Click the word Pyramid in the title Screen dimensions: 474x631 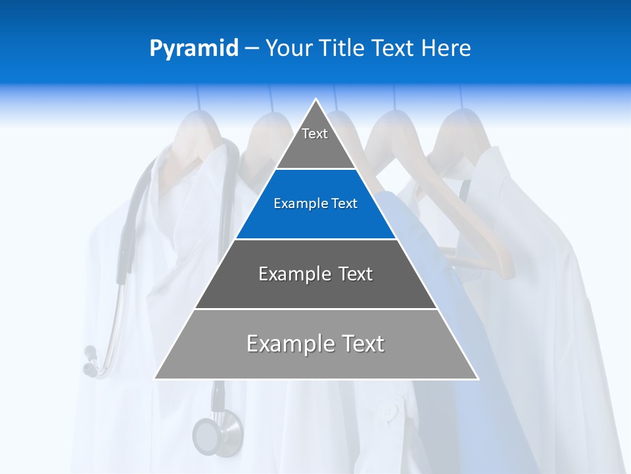coord(194,49)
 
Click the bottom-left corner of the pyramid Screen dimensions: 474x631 coord(155,379)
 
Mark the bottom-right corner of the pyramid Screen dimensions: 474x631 coord(477,379)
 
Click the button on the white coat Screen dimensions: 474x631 coord(389,411)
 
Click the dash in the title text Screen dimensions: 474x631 coord(252,49)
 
